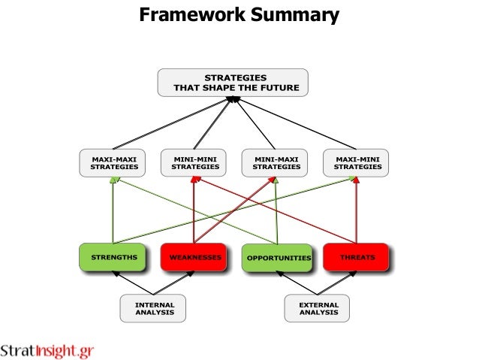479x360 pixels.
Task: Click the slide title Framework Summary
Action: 239,14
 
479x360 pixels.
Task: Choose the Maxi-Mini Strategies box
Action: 357,162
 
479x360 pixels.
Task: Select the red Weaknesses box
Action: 194,257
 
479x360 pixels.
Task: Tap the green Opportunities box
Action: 277,257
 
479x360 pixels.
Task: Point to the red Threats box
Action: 357,257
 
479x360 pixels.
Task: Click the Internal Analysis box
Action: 154,308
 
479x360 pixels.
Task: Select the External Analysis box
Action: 318,308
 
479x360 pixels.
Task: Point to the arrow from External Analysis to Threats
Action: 338,283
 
